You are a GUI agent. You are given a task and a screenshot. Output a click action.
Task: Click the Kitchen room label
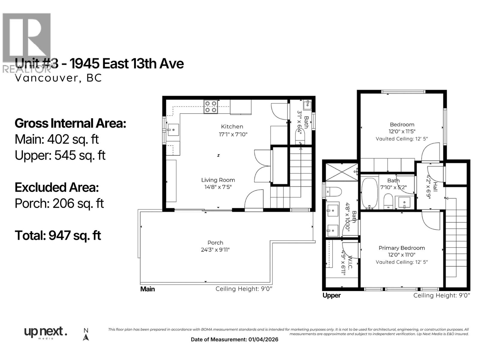[x=232, y=127]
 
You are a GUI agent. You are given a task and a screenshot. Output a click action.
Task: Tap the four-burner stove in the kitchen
[x=211, y=107]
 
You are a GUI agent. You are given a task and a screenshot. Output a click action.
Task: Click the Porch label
[x=215, y=243]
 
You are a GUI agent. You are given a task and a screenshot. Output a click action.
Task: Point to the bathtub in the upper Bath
[x=369, y=193]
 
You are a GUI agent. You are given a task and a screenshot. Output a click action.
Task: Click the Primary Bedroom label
[x=401, y=248]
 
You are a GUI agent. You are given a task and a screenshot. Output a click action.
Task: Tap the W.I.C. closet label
[x=350, y=263]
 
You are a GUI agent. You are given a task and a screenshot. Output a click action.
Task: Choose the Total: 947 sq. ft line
[x=58, y=235]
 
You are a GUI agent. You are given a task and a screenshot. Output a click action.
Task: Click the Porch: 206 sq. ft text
[x=59, y=203]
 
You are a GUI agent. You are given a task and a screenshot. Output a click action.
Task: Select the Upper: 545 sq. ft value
[x=60, y=155]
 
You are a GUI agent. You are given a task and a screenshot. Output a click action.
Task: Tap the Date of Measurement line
[x=234, y=340]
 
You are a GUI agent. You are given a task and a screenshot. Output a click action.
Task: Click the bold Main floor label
[x=148, y=289]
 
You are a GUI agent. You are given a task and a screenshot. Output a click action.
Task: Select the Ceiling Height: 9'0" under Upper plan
[x=442, y=295]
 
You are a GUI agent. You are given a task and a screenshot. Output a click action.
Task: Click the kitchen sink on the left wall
[x=173, y=130]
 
